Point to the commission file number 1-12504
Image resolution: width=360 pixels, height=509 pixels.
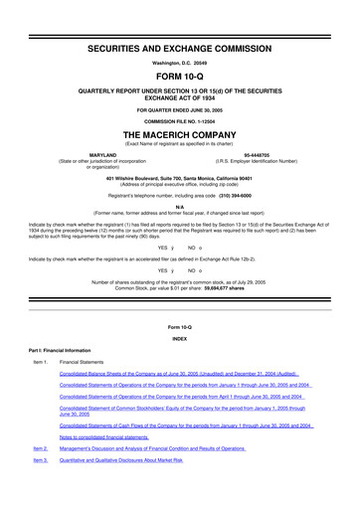pos(180,118)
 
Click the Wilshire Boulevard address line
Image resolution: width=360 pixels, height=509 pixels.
pos(180,176)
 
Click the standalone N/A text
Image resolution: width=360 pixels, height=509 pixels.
pos(180,206)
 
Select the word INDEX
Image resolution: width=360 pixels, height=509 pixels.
pos(180,338)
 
